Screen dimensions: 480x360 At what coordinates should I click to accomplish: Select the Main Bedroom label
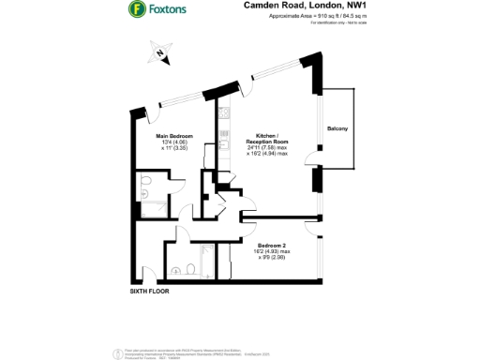174,136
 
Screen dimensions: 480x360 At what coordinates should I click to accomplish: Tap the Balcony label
338,128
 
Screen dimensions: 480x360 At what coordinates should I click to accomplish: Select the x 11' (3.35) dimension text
174,148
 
